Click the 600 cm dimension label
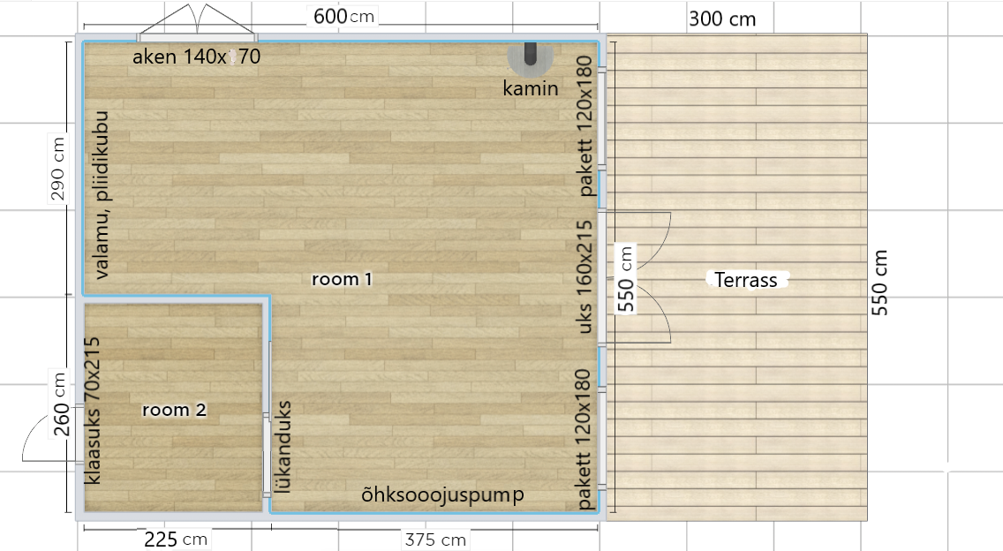pos(343,16)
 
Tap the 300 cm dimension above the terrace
pos(722,19)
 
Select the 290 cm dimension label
pos(57,169)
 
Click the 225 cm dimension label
pos(176,540)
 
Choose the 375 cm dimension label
pos(435,540)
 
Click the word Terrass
pos(746,280)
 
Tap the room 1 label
pos(342,279)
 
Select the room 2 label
pos(174,410)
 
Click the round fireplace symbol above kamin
pos(531,57)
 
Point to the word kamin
pos(531,88)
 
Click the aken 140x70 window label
pos(196,57)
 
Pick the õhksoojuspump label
pos(442,494)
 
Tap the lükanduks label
pos(284,447)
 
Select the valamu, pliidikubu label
pos(101,194)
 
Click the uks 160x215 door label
pos(584,277)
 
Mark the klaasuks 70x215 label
pos(93,411)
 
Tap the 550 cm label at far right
pos(879,283)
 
